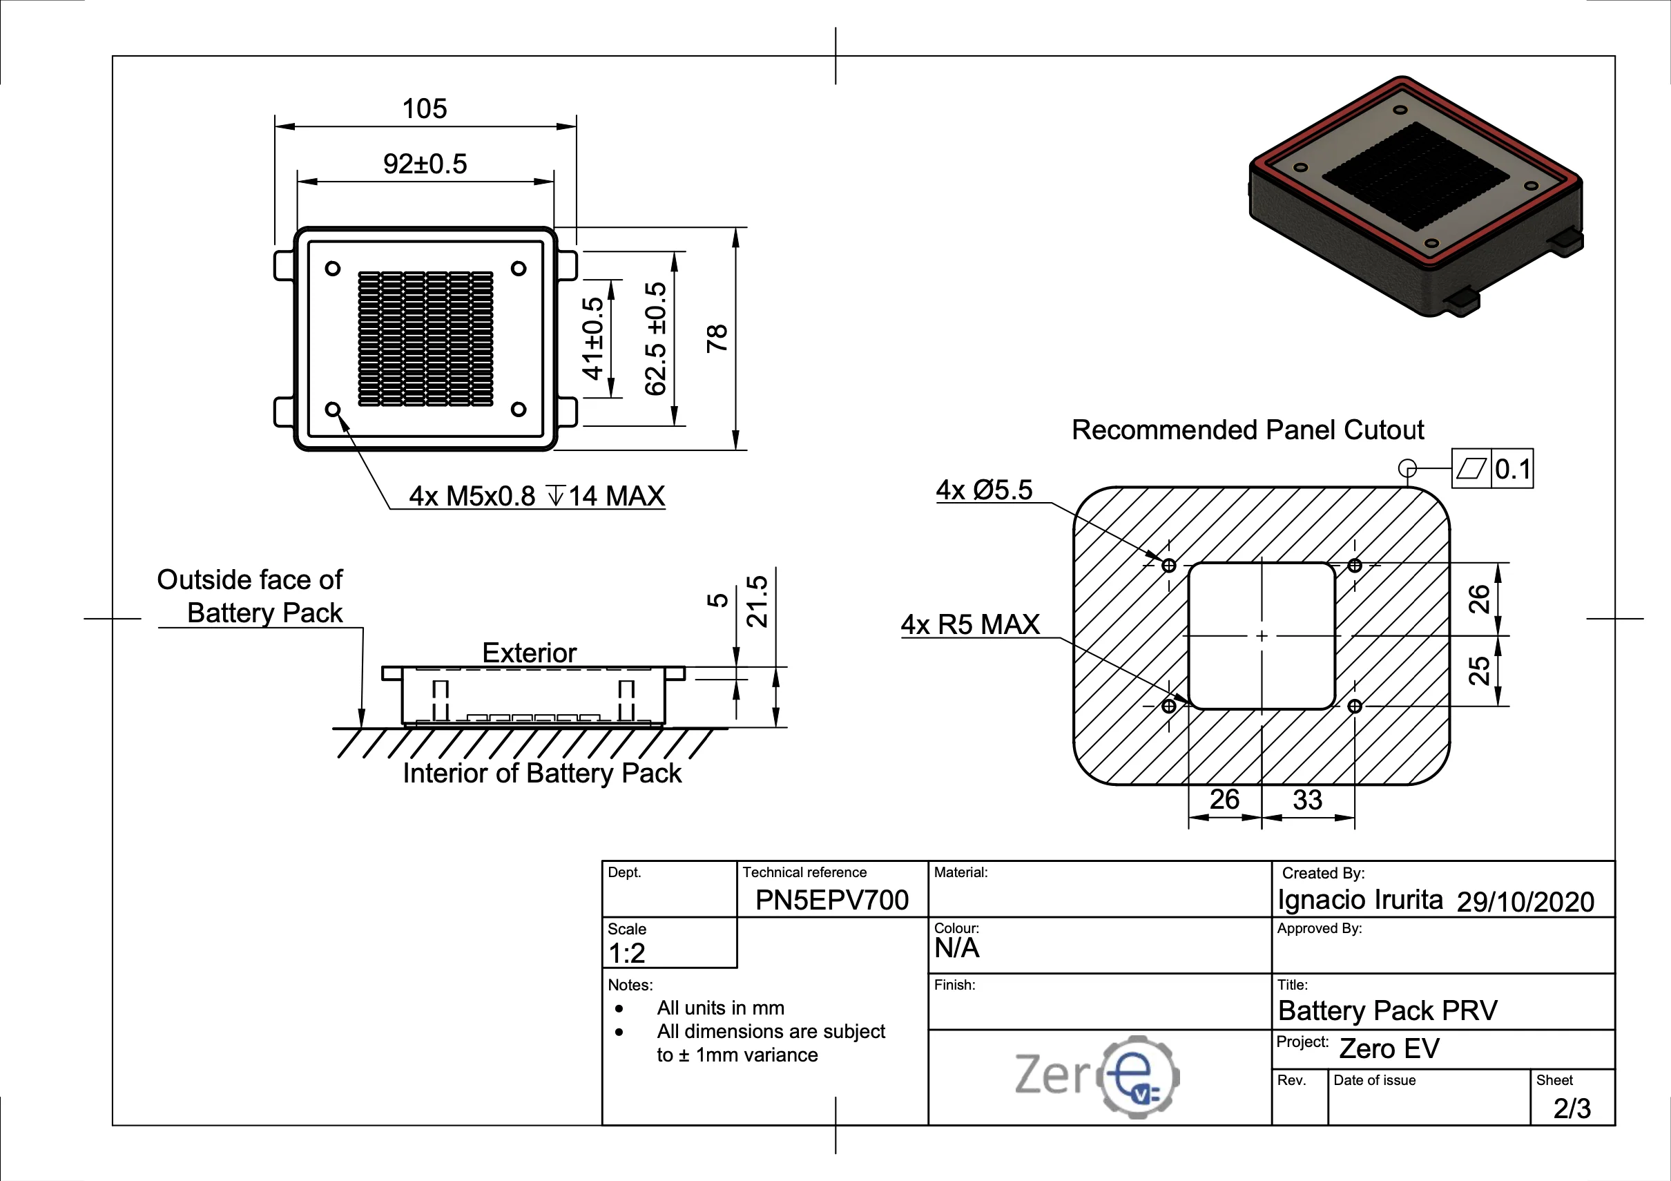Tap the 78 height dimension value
click(717, 338)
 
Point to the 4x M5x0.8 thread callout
click(537, 496)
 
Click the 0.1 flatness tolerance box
click(1512, 469)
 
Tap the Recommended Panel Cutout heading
click(1248, 430)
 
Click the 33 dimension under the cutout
click(1307, 800)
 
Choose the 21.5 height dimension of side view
click(757, 602)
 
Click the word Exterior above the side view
click(529, 653)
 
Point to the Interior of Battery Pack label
click(542, 774)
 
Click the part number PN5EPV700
click(831, 900)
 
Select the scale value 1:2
click(627, 952)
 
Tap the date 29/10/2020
click(1525, 901)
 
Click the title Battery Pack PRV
click(1387, 1010)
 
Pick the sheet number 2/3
click(1572, 1108)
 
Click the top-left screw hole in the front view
click(333, 269)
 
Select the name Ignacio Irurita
click(1360, 900)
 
